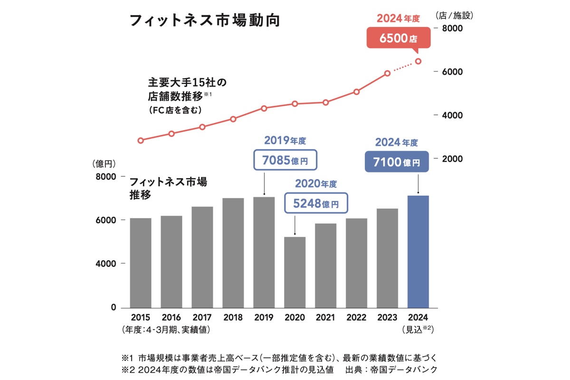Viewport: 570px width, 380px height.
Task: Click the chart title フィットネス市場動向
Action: (205, 21)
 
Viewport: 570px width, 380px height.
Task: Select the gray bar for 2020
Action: (294, 272)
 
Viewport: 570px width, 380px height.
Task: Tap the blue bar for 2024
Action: (418, 251)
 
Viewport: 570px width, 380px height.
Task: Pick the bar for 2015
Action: (141, 263)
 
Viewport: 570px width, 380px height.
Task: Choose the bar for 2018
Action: (233, 253)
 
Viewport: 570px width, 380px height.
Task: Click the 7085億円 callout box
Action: (285, 160)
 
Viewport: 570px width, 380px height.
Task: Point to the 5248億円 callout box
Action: (316, 203)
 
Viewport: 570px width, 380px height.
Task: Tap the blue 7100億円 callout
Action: (397, 161)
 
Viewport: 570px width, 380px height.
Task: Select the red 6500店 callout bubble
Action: (399, 38)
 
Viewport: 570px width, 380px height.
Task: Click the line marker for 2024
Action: (418, 61)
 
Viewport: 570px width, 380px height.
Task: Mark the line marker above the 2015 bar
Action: (141, 141)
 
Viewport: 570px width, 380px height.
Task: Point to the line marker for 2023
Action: (388, 73)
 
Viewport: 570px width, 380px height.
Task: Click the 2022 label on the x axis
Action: (356, 318)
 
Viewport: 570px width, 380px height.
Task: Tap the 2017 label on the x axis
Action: (202, 318)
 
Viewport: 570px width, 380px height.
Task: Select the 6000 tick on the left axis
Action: (107, 220)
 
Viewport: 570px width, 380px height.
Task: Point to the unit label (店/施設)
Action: (454, 15)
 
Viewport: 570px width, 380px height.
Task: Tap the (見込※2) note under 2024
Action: (418, 329)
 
